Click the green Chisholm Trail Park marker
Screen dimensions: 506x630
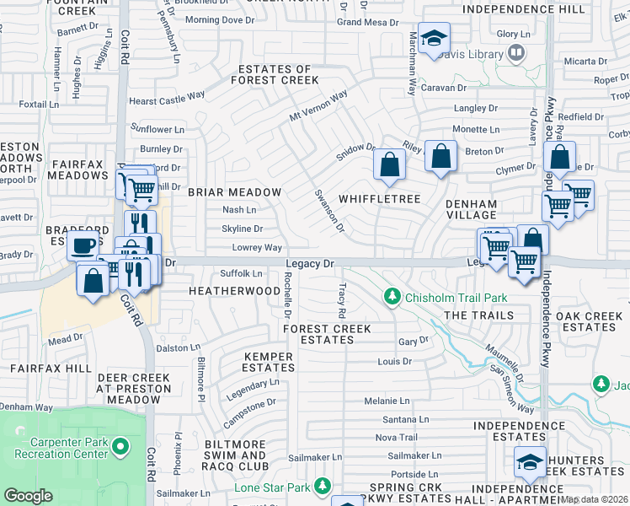392,297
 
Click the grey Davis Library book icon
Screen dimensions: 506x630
515,54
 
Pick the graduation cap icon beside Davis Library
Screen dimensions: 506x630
434,39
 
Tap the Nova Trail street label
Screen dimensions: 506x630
396,437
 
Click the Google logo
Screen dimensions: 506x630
28,496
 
